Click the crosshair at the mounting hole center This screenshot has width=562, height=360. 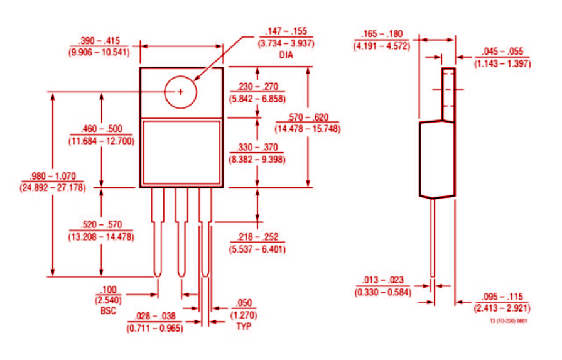[181, 92]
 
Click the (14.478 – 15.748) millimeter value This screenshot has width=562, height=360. [307, 129]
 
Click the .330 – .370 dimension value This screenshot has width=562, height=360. [257, 147]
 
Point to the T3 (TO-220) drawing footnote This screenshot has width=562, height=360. [509, 320]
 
